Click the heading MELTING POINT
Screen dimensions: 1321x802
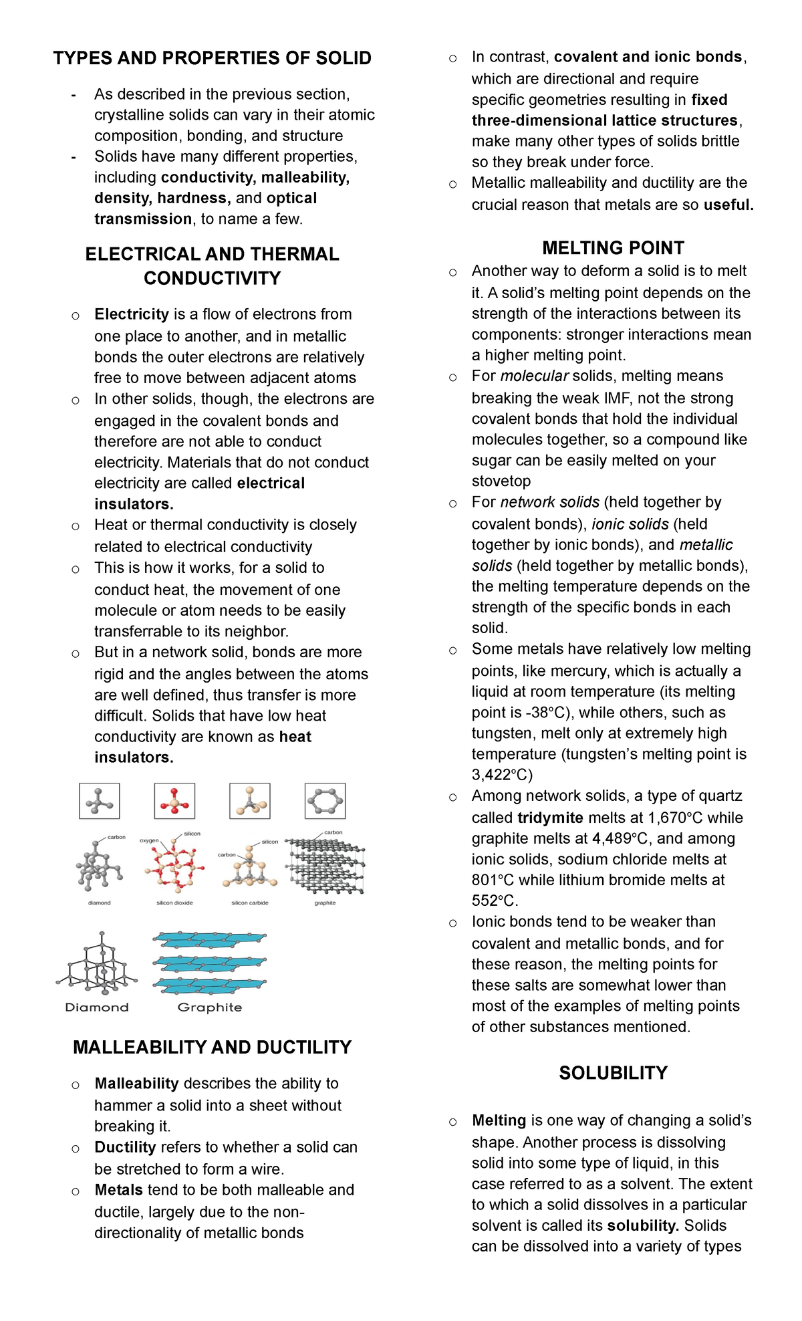tap(613, 248)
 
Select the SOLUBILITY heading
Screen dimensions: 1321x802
tap(613, 1073)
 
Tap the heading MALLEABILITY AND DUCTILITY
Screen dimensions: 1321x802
tap(212, 1047)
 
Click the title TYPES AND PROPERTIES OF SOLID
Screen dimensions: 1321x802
tap(212, 58)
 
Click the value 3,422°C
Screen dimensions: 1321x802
tap(502, 775)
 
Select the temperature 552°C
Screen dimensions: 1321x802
tap(495, 900)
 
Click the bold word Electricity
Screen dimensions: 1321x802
tap(132, 314)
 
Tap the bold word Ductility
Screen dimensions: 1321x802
tap(125, 1147)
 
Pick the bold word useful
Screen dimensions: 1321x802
tap(728, 205)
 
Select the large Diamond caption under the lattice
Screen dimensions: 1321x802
tap(97, 1007)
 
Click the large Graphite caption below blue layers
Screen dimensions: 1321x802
tap(210, 1007)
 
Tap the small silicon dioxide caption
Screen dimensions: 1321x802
tap(174, 903)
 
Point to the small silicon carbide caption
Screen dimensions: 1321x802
tap(250, 903)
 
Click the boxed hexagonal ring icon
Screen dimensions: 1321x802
tap(325, 801)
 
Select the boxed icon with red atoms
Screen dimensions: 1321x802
tap(174, 801)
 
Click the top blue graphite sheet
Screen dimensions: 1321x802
tap(209, 940)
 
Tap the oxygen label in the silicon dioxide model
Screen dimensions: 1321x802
tap(149, 840)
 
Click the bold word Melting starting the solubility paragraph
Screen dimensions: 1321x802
tap(499, 1120)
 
